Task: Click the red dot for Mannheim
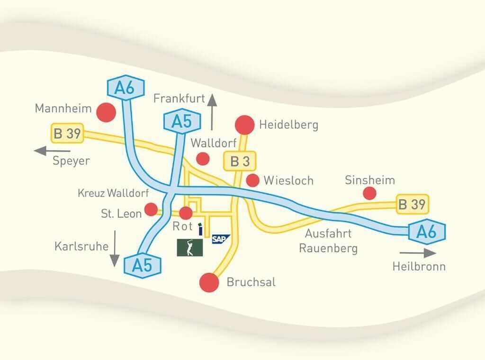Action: (106, 112)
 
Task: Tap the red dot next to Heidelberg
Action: (244, 125)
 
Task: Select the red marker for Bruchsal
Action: (209, 282)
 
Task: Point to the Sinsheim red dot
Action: (369, 193)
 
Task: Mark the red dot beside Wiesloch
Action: (253, 180)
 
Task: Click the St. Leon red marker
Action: (151, 209)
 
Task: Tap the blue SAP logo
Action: (220, 239)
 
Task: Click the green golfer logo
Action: (189, 247)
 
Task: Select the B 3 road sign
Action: (240, 161)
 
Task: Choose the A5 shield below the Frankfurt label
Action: (181, 122)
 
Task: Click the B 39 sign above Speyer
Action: (67, 134)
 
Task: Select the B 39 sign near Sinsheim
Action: (412, 205)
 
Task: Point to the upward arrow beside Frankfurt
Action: (212, 112)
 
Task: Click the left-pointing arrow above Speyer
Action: (46, 151)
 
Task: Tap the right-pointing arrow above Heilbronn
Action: (417, 253)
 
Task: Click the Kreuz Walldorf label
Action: (113, 193)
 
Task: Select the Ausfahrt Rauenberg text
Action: (328, 241)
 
